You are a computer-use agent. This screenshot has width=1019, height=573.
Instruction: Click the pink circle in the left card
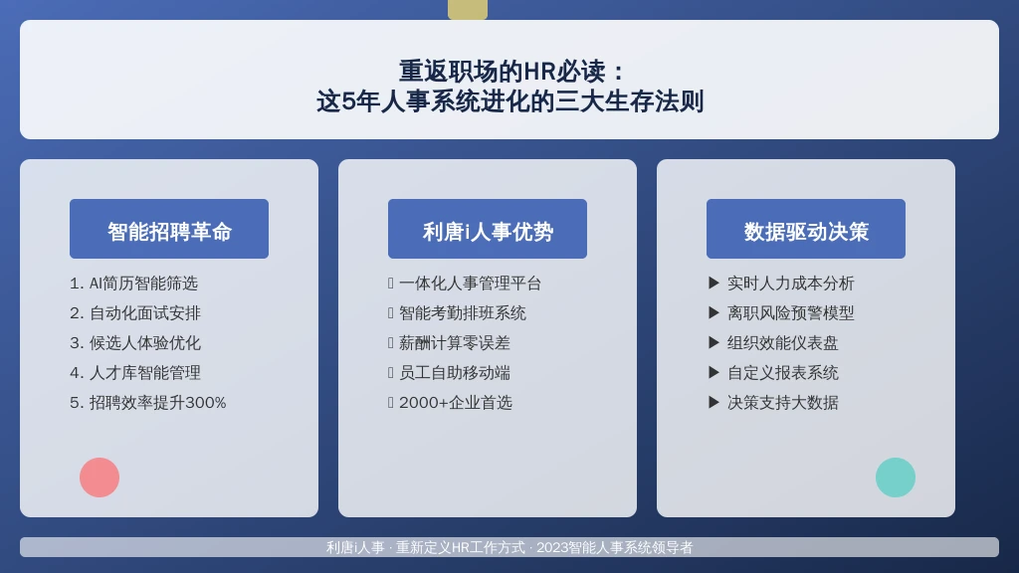coord(100,477)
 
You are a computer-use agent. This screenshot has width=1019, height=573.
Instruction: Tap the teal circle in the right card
coord(896,477)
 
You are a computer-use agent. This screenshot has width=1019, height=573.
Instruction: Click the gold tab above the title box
coord(468,10)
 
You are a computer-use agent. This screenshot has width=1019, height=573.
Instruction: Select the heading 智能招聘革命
coord(169,231)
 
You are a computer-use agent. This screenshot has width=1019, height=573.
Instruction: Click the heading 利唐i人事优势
coord(488,231)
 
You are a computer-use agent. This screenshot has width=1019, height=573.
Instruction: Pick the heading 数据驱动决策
coord(806,231)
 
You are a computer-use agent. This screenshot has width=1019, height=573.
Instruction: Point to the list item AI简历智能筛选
coord(143,284)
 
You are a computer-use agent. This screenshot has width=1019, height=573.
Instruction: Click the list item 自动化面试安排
coord(145,313)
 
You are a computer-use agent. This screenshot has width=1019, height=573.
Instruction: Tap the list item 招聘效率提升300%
coord(158,403)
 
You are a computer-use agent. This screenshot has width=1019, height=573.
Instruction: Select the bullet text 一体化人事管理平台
coord(470,284)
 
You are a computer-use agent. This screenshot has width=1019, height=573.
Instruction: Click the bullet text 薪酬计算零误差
coord(454,343)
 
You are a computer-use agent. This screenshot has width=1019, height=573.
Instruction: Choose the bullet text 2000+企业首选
coord(456,403)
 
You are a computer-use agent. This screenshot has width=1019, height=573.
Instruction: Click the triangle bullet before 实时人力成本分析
coord(713,283)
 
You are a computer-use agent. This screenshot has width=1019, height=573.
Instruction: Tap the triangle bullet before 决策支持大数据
coord(713,402)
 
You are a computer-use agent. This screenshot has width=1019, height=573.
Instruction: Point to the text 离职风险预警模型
coord(790,313)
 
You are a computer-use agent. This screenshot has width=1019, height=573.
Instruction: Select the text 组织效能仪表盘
coord(782,343)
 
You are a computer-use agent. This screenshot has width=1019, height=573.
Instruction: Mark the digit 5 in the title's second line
coord(348,101)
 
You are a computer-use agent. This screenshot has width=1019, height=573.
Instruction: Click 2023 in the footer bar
coord(551,548)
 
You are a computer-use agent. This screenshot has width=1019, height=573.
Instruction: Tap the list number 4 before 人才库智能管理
coord(74,373)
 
